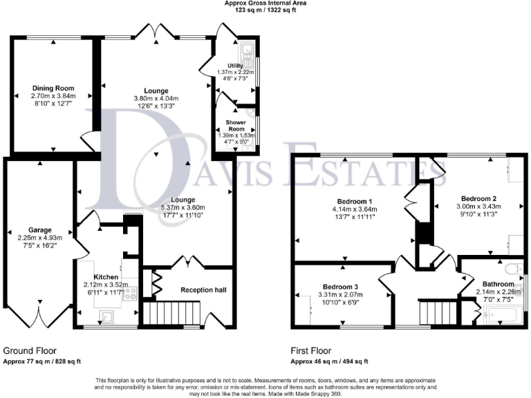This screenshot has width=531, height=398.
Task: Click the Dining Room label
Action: pyautogui.click(x=53, y=88)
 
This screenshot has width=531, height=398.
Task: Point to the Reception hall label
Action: pyautogui.click(x=204, y=290)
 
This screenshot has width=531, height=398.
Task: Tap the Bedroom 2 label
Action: pyautogui.click(x=472, y=198)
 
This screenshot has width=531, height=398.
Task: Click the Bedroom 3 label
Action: pyautogui.click(x=341, y=286)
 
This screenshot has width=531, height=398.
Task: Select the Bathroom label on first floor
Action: pyautogui.click(x=499, y=284)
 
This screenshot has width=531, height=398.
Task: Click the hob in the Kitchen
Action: pyautogui.click(x=129, y=292)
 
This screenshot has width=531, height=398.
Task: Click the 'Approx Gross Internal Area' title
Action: pyautogui.click(x=265, y=3)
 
